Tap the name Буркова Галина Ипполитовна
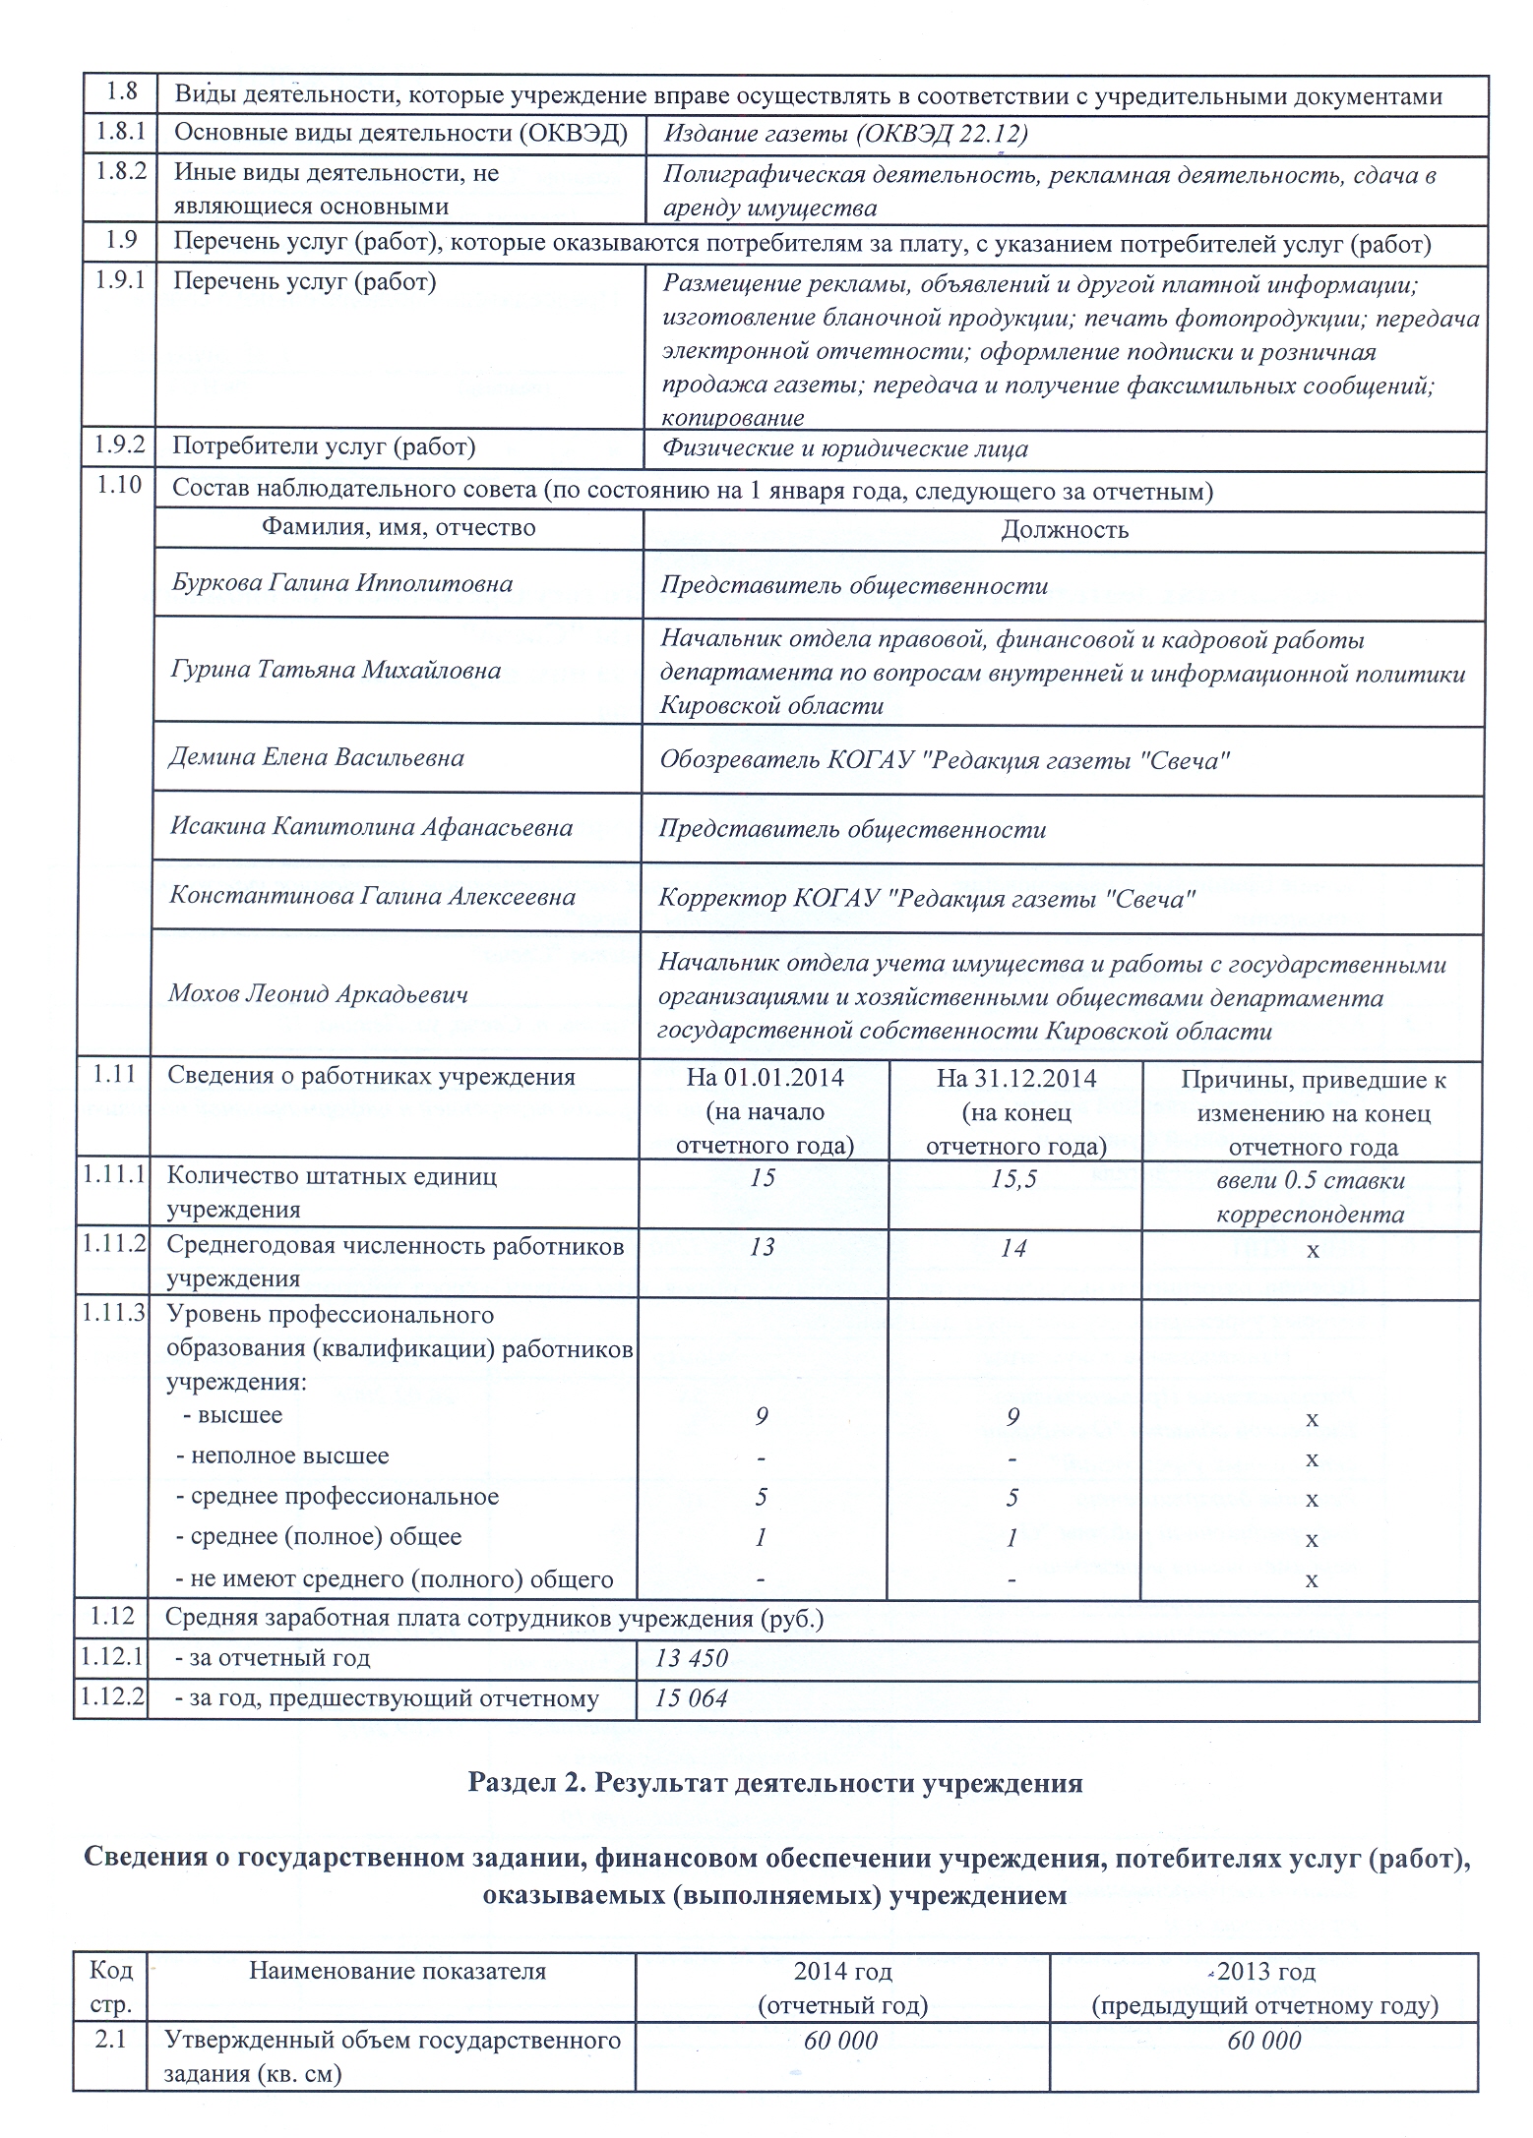(x=341, y=583)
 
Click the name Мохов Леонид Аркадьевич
(x=318, y=993)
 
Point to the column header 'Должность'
(x=1064, y=530)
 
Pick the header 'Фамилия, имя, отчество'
(x=399, y=528)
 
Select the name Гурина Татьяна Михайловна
(x=336, y=670)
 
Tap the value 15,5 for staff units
(x=1013, y=1178)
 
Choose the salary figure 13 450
(x=692, y=1659)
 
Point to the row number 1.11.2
(x=113, y=1244)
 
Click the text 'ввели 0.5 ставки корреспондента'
(x=1310, y=1196)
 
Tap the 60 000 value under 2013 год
(x=1264, y=2042)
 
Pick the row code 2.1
(x=110, y=2040)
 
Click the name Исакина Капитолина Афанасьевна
(x=371, y=827)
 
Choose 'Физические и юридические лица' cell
(x=844, y=449)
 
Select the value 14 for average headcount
(x=1013, y=1249)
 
